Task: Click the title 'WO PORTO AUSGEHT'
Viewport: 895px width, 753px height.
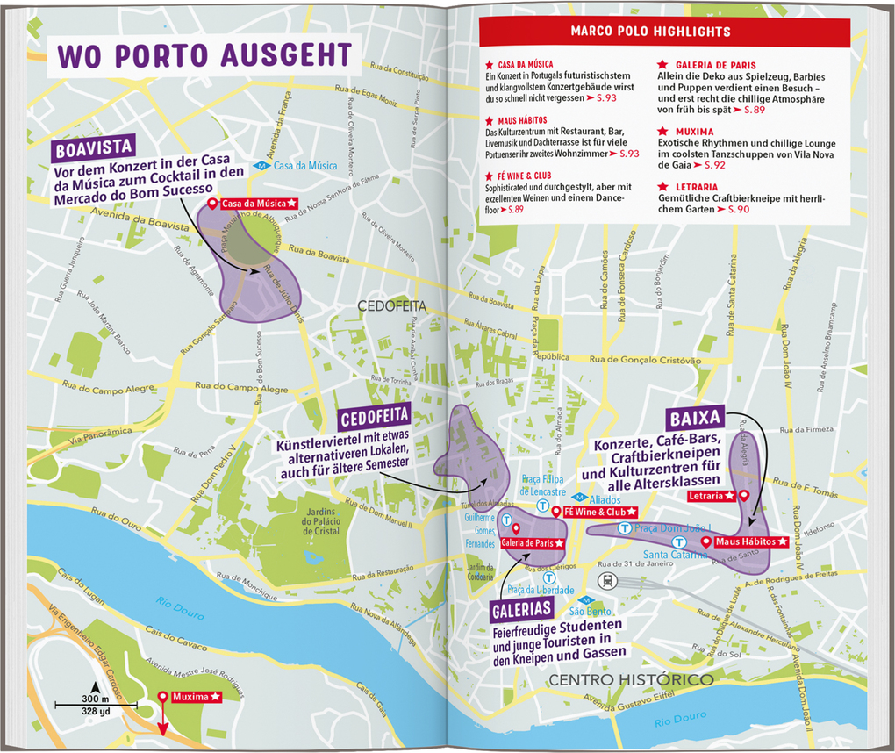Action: click(x=204, y=54)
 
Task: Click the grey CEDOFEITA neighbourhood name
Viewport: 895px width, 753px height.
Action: click(x=390, y=306)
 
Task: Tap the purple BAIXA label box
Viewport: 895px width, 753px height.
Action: click(x=693, y=417)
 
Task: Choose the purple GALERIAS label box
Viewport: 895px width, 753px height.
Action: click(x=521, y=608)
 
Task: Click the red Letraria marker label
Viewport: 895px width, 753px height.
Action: click(x=712, y=496)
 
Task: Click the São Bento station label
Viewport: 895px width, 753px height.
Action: click(x=590, y=612)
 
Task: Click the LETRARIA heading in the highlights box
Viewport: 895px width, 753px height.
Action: click(x=698, y=187)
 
